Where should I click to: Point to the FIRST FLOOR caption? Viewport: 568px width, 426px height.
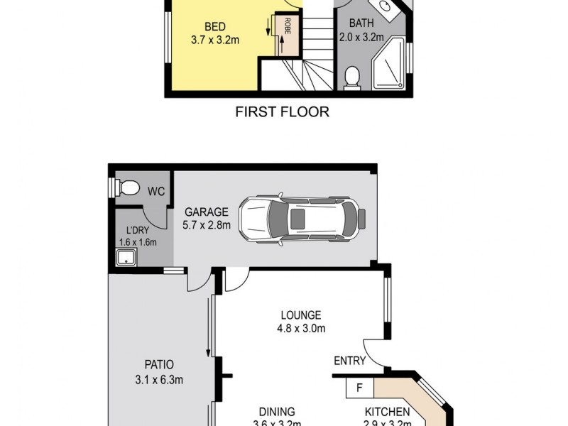(283, 112)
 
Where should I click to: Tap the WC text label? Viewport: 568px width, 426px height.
(157, 191)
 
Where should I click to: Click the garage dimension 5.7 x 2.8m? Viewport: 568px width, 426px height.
(207, 226)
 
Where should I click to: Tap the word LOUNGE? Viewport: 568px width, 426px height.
(301, 315)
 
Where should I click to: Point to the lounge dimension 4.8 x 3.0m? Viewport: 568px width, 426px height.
(301, 328)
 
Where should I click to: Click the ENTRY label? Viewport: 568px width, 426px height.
(350, 361)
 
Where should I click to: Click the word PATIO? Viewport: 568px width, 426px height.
(160, 366)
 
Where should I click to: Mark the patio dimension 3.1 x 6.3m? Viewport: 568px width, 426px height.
(160, 379)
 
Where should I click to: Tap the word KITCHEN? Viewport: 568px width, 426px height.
(387, 412)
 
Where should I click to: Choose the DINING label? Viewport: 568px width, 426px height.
(277, 412)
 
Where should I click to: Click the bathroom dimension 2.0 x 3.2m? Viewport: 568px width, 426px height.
(366, 37)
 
